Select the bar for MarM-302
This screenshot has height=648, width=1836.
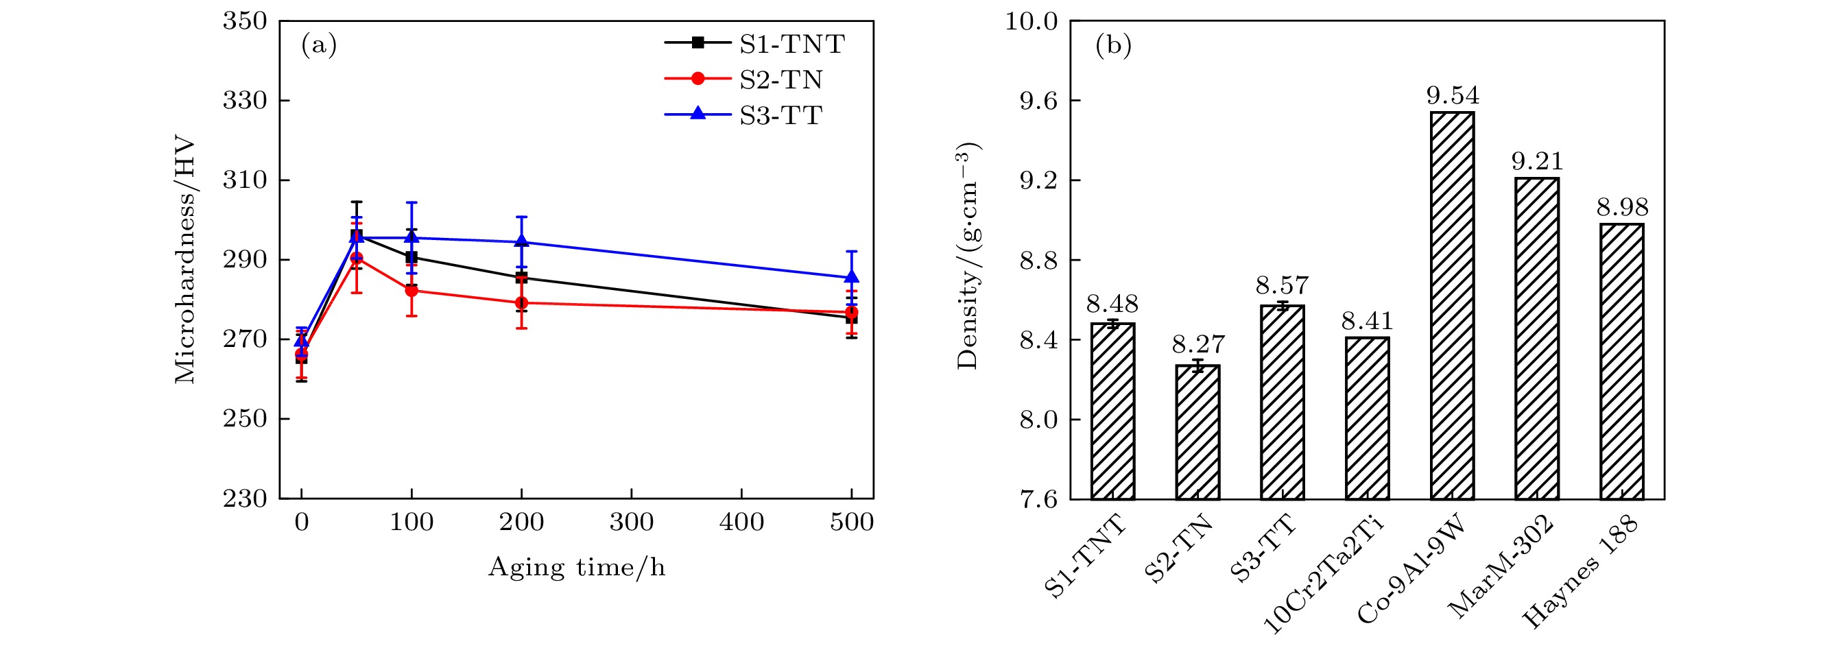[1537, 338]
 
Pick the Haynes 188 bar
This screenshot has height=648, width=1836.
[1621, 361]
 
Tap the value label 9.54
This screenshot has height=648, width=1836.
[1452, 95]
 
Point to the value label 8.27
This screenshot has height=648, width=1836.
[1198, 345]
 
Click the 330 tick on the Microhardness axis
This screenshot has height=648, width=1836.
[244, 101]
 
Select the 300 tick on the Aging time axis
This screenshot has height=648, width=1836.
[632, 523]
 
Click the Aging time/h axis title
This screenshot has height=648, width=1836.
[576, 568]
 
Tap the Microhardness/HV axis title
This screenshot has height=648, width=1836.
[184, 259]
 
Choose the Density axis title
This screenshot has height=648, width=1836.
[968, 256]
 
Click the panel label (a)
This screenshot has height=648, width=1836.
[319, 46]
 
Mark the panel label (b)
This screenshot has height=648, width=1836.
[1113, 46]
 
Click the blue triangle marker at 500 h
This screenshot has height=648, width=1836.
[851, 277]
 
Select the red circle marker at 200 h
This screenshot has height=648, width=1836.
[521, 303]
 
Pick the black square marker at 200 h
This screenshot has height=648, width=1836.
[521, 277]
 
